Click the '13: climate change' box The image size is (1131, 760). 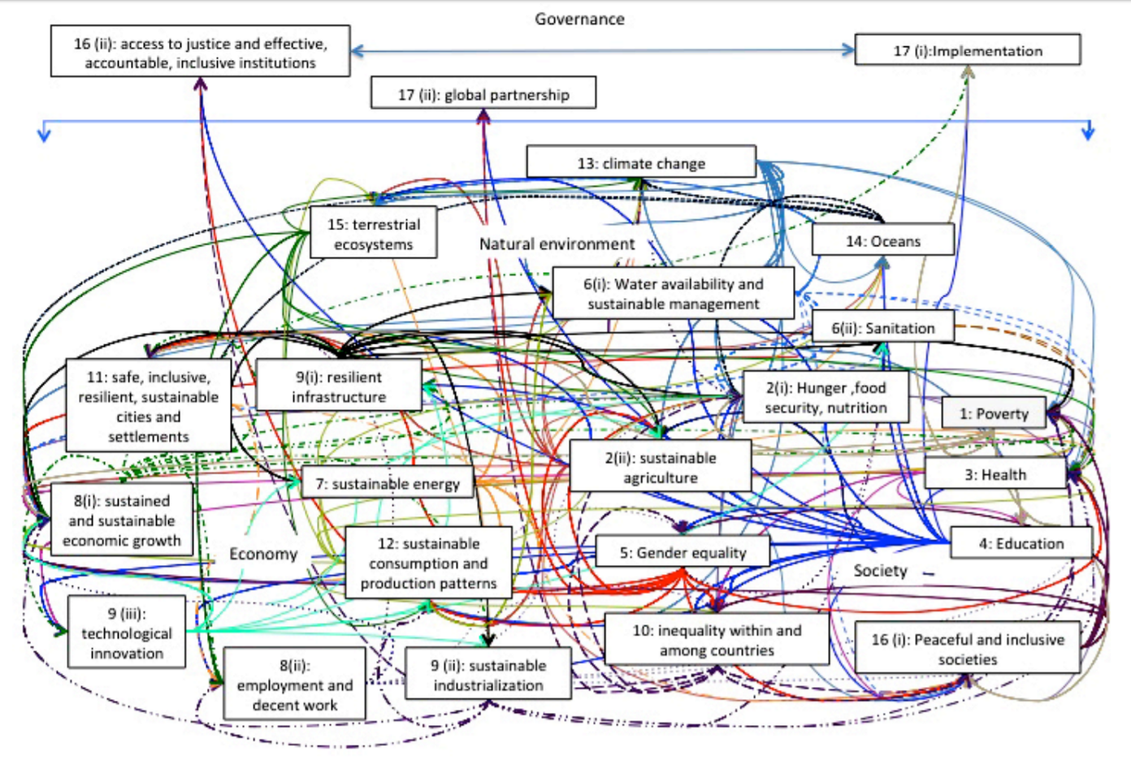pyautogui.click(x=641, y=162)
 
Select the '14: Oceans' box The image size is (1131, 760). pyautogui.click(x=882, y=240)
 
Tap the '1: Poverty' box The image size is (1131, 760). pyautogui.click(x=994, y=413)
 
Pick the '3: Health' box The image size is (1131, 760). pyautogui.click(x=995, y=474)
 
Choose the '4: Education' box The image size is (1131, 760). pyautogui.click(x=1020, y=543)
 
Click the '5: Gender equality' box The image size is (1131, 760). pyautogui.click(x=682, y=552)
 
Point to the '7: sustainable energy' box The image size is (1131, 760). pyautogui.click(x=388, y=484)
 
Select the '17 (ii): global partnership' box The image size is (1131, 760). pyautogui.click(x=483, y=93)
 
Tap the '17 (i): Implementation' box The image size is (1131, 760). pyautogui.click(x=968, y=50)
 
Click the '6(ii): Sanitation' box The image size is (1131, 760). pyautogui.click(x=882, y=328)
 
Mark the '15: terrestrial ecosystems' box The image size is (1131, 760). pyautogui.click(x=374, y=234)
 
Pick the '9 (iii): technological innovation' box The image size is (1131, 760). pyautogui.click(x=127, y=633)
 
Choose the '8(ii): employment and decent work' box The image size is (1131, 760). pyautogui.click(x=294, y=684)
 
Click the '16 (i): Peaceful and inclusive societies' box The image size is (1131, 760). pyautogui.click(x=967, y=649)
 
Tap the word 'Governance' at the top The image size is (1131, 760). pyautogui.click(x=579, y=19)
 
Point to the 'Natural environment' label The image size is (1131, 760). pyautogui.click(x=557, y=244)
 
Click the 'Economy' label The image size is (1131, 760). pyautogui.click(x=263, y=554)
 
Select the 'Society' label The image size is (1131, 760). pyautogui.click(x=880, y=571)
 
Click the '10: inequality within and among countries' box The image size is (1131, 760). pyautogui.click(x=717, y=640)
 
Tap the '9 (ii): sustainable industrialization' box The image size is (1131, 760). pyautogui.click(x=488, y=675)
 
